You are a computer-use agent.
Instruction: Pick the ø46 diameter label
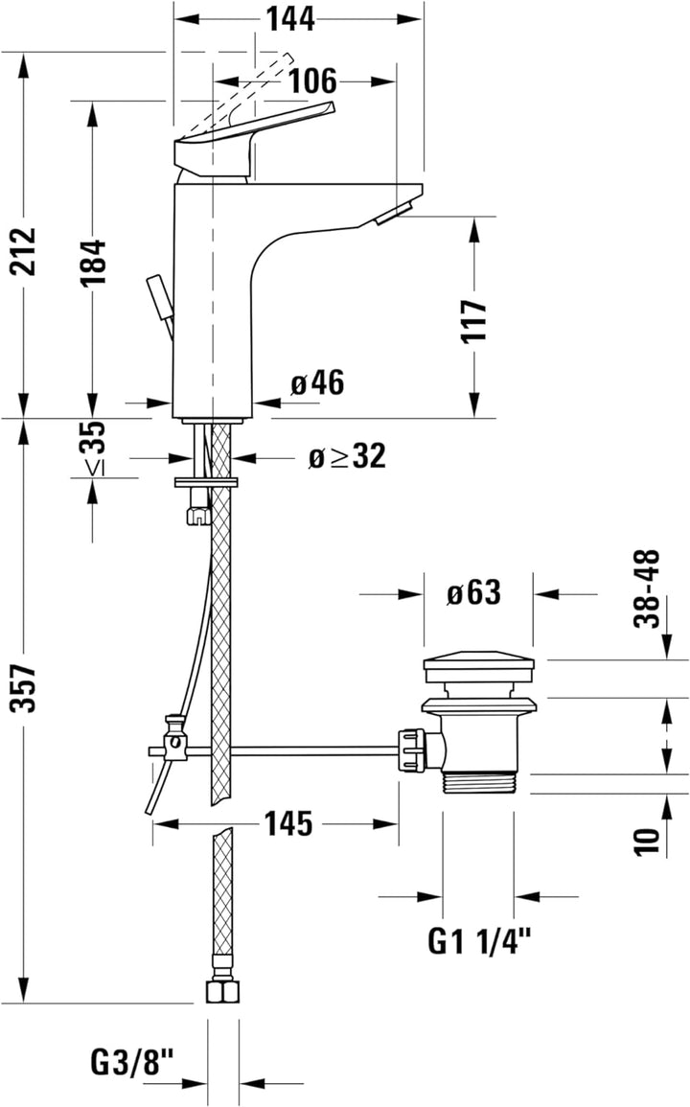317,383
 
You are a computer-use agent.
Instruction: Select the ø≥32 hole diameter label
347,457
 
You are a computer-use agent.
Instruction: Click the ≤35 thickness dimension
93,449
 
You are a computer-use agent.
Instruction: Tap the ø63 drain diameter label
473,593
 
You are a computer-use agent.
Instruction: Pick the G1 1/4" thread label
478,943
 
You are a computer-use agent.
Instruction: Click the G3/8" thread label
133,1062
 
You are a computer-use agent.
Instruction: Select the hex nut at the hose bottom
222,990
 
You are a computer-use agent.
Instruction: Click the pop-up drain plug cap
479,667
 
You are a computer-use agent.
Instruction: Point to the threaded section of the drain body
479,781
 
